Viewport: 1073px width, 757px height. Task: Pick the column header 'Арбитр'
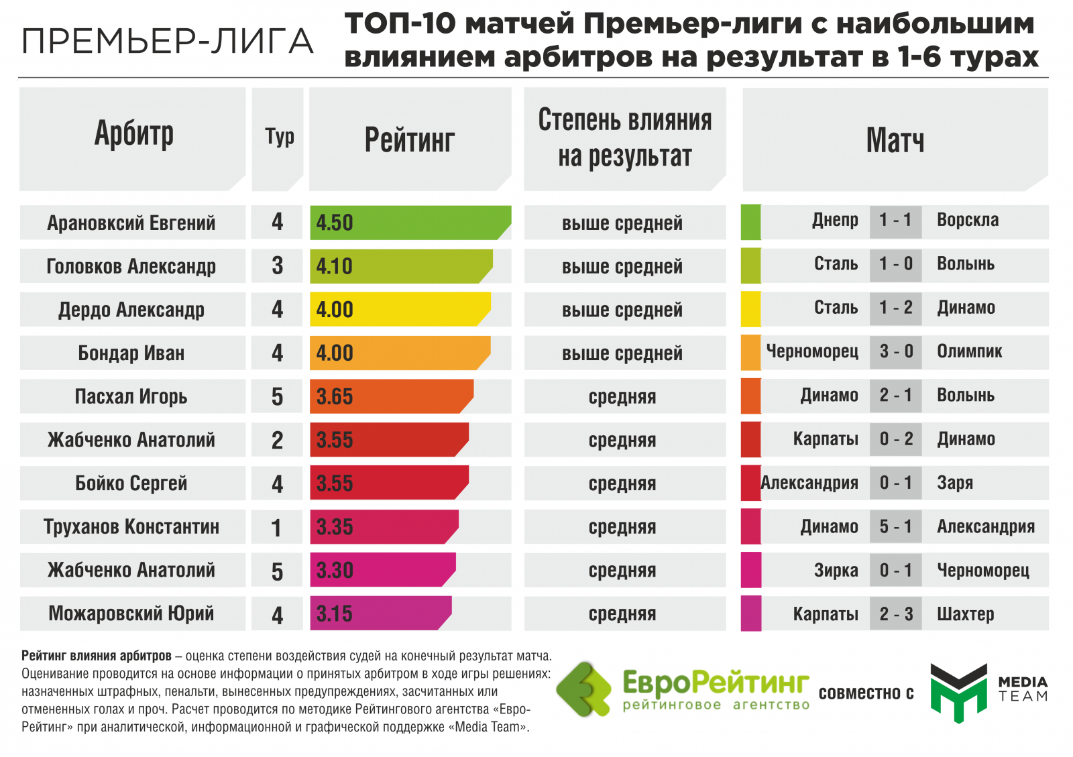click(x=133, y=134)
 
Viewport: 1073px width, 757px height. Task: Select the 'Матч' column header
click(x=895, y=140)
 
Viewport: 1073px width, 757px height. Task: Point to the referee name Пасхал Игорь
click(x=131, y=396)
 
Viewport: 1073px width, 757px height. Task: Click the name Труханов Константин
click(x=131, y=527)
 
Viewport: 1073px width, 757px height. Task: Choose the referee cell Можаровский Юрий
click(x=131, y=614)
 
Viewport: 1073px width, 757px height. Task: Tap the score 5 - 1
click(x=896, y=527)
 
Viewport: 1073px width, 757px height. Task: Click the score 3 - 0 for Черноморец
click(x=896, y=351)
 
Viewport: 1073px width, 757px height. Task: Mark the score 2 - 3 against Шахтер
click(x=896, y=614)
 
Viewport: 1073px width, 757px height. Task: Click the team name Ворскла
click(x=967, y=220)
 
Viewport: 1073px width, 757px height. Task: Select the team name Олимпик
click(x=969, y=351)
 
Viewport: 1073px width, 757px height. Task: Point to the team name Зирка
click(x=836, y=571)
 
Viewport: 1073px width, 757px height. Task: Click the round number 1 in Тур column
click(x=276, y=528)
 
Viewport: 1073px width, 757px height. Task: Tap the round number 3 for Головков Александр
click(x=277, y=266)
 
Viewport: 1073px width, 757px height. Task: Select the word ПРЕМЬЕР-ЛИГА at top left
click(x=168, y=42)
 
